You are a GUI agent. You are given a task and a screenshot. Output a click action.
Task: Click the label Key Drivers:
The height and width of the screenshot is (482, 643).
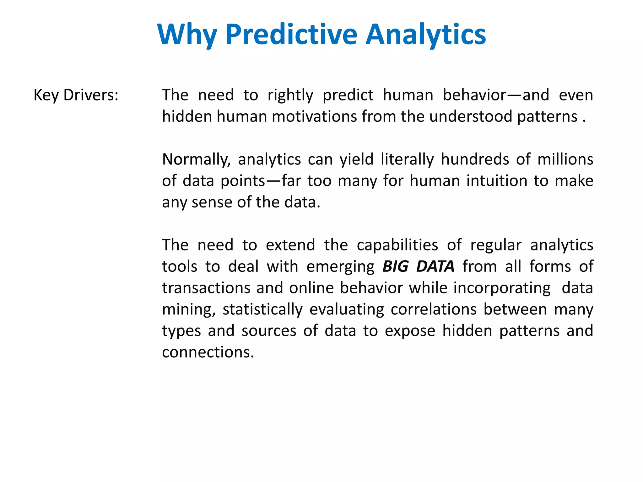[x=76, y=95]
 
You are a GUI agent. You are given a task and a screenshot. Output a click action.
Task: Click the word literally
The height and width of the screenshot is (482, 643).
[x=407, y=160]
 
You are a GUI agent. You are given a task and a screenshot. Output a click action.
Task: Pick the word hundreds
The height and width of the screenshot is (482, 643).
[x=475, y=159]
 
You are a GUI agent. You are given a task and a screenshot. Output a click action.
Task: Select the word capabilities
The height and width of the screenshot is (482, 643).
[x=397, y=245]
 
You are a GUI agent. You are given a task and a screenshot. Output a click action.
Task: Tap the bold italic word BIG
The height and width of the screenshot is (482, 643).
[x=395, y=267]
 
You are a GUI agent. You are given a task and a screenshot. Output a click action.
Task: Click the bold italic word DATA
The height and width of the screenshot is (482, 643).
[x=435, y=267]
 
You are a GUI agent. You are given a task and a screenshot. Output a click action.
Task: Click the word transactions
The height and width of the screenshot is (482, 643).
[x=206, y=288]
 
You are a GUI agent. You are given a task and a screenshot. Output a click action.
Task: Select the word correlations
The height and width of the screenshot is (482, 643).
[x=434, y=309]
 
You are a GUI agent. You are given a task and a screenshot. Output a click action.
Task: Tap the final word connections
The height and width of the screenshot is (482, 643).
[x=208, y=352]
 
